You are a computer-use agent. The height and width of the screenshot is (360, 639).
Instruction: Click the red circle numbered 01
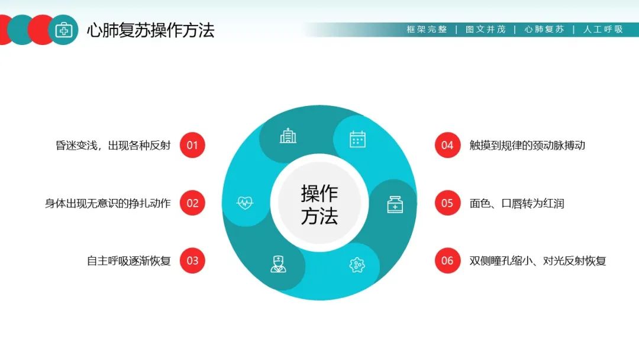192,145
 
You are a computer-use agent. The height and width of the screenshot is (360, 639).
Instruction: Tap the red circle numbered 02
192,203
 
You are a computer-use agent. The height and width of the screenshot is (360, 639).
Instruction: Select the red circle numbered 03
192,261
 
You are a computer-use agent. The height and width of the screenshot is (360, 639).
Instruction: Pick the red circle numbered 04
447,145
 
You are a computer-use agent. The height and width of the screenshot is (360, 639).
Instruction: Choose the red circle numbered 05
447,203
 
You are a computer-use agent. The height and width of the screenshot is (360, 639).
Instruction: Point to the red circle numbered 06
447,261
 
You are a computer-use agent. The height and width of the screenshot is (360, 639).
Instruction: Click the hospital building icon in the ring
288,136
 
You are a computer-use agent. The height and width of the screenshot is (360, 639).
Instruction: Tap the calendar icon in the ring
357,139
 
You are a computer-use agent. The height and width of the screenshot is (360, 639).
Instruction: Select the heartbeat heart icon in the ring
245,203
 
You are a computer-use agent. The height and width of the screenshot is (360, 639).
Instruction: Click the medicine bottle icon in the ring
395,204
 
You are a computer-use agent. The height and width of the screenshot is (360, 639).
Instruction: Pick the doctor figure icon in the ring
278,263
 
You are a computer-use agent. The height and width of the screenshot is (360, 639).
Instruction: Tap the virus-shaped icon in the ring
357,265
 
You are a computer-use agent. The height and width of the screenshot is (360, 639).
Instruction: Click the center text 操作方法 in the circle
319,204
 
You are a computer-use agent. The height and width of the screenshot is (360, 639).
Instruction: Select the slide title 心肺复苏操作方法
150,30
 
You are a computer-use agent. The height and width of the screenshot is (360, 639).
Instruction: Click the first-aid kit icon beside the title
64,30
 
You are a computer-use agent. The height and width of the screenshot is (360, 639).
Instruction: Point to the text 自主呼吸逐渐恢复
128,261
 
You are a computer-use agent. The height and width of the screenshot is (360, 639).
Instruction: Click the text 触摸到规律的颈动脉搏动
527,145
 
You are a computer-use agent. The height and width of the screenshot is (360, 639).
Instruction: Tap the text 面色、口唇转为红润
517,203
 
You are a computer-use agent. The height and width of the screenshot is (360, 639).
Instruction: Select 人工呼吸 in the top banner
603,30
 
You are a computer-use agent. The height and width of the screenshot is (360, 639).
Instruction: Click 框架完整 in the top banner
427,30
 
